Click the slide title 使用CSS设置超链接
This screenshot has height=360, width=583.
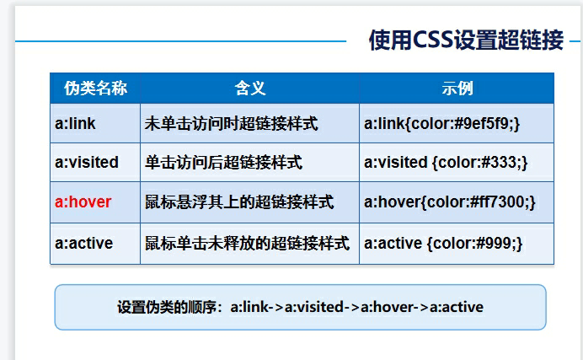pyautogui.click(x=465, y=40)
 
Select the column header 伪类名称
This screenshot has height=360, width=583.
pyautogui.click(x=95, y=89)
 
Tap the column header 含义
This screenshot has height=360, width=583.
pyautogui.click(x=250, y=89)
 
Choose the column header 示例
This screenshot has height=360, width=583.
pyautogui.click(x=457, y=89)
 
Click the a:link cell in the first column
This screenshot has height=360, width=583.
pyautogui.click(x=76, y=124)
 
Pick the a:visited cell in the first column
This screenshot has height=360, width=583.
pyautogui.click(x=87, y=162)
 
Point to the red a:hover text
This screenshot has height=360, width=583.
pyautogui.click(x=83, y=202)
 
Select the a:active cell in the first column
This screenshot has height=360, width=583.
pyautogui.click(x=84, y=244)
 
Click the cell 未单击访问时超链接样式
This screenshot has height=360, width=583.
pyautogui.click(x=231, y=124)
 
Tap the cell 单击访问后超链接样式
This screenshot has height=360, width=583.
pyautogui.click(x=223, y=162)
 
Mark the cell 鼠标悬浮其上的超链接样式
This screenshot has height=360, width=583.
pyautogui.click(x=239, y=202)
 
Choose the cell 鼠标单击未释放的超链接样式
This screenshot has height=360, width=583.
pyautogui.click(x=247, y=244)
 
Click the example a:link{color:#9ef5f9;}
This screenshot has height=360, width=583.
pyautogui.click(x=442, y=124)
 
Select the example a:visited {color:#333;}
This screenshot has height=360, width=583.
pyautogui.click(x=446, y=162)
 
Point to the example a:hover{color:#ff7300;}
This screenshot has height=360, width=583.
pyautogui.click(x=450, y=202)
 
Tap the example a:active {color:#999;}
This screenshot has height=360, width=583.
pyautogui.click(x=444, y=244)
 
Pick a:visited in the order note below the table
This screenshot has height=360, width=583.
pyautogui.click(x=315, y=307)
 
